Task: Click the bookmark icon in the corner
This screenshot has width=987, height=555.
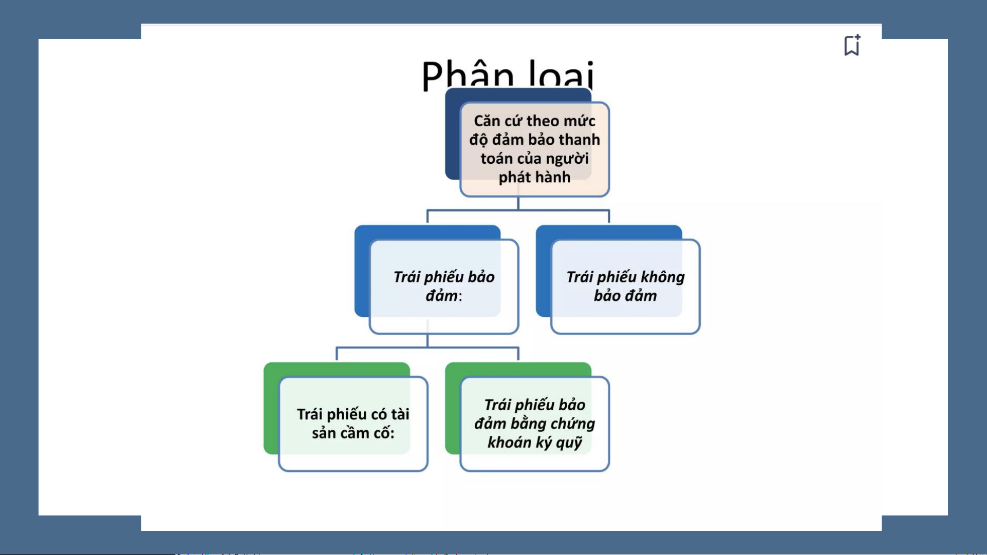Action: [852, 45]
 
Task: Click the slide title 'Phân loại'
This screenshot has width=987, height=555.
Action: [508, 75]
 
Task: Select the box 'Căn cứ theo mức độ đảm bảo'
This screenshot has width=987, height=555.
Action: [534, 149]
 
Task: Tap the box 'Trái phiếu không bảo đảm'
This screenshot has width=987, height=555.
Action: [625, 286]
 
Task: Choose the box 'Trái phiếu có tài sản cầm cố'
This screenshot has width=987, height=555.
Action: [353, 424]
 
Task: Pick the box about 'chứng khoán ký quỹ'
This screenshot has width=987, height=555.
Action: [534, 424]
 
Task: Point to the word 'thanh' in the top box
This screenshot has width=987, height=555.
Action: [579, 140]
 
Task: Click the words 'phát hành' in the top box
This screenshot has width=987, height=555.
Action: [534, 177]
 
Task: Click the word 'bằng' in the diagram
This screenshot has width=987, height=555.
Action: [530, 424]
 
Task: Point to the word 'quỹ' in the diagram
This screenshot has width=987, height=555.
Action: [569, 443]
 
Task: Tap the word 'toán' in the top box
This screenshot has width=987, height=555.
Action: [494, 159]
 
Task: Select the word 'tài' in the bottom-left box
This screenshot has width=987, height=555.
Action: [400, 414]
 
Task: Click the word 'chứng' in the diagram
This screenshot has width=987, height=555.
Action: [573, 424]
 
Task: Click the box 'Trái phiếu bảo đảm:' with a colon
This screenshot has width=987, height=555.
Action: [444, 286]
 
